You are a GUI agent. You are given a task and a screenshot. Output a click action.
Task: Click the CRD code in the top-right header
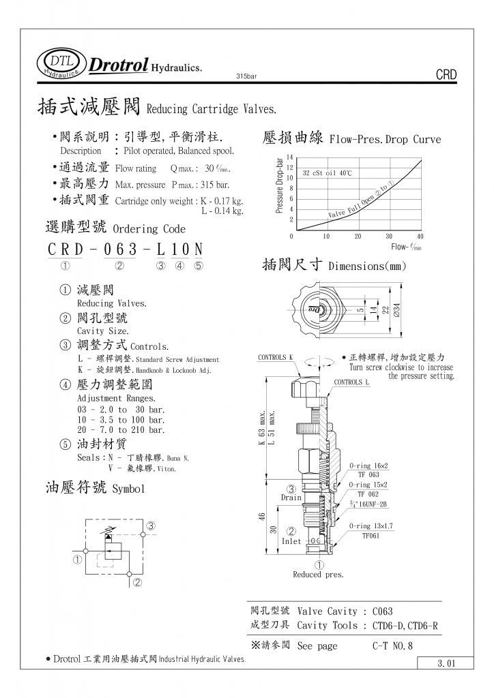tap(445, 75)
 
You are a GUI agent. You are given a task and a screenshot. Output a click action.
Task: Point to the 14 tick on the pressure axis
tap(289, 157)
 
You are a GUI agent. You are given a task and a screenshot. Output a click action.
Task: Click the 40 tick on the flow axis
tap(420, 237)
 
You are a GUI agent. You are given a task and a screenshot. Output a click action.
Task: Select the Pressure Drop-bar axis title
tap(278, 186)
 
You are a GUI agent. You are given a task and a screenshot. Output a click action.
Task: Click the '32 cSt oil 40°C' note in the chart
tap(328, 173)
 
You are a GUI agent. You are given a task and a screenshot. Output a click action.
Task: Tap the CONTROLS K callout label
tap(275, 357)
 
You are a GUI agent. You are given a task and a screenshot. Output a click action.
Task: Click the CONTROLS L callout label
tap(351, 382)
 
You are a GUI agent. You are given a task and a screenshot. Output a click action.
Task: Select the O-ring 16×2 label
tap(368, 466)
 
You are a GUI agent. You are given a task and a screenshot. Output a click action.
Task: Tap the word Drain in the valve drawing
tap(291, 498)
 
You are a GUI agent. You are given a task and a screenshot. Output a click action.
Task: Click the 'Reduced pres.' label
tap(319, 575)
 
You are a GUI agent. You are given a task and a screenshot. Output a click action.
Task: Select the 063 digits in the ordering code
tap(119, 249)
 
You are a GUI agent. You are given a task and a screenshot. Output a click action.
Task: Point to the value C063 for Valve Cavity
tap(378, 611)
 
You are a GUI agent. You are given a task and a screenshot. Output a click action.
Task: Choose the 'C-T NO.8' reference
tap(393, 646)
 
